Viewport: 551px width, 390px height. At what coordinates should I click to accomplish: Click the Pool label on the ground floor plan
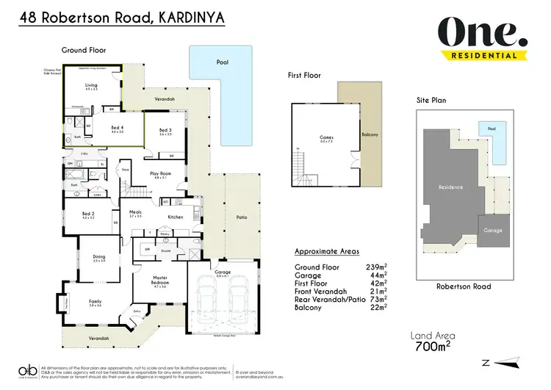coord(222,62)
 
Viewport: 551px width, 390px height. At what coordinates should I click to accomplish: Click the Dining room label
coord(100,258)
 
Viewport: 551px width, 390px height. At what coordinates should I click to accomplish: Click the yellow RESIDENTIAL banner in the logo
coord(485,54)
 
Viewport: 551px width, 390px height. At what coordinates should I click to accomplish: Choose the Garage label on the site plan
coord(493,230)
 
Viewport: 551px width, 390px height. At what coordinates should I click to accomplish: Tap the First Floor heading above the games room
coord(304,74)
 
